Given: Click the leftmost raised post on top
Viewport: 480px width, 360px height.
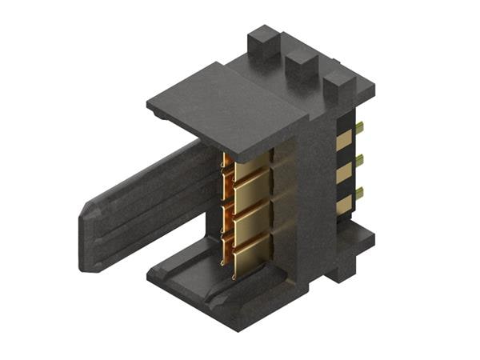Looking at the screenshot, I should click(262, 42).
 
